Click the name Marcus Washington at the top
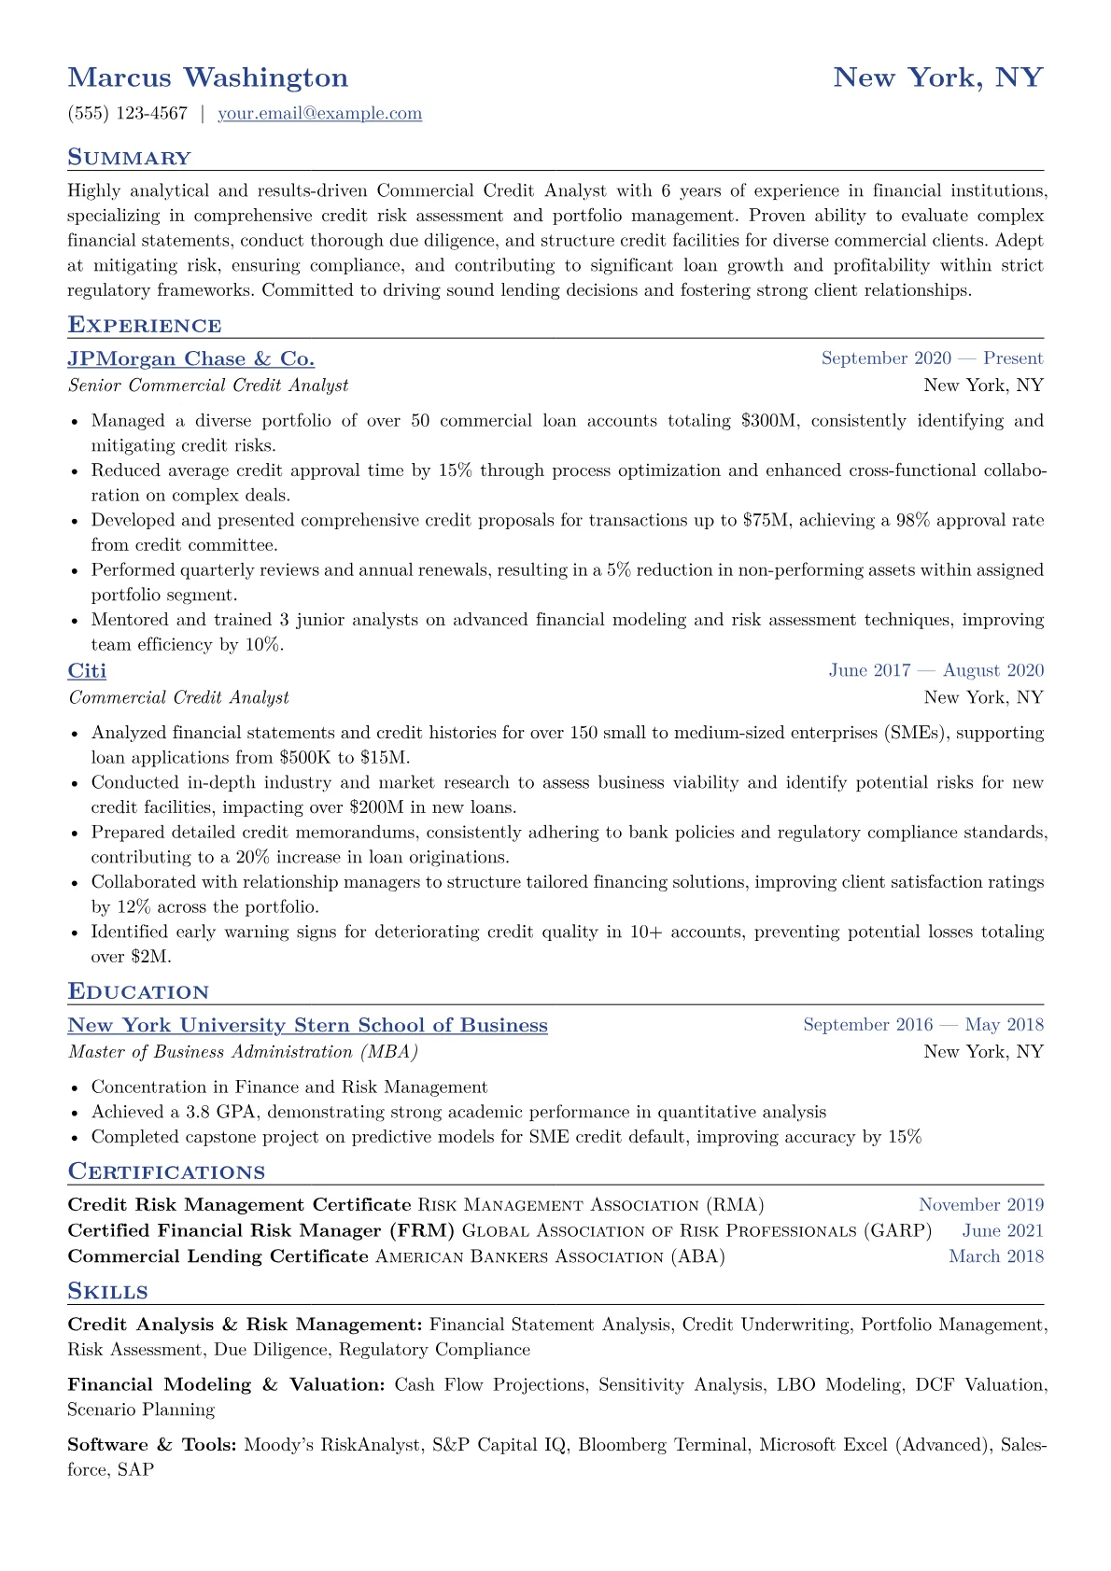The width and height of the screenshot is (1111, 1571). click(207, 77)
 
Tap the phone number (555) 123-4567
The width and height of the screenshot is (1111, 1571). click(128, 114)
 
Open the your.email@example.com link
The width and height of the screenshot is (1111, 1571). click(319, 114)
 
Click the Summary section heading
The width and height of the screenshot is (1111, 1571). click(129, 158)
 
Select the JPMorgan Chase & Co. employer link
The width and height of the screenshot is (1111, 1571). click(190, 359)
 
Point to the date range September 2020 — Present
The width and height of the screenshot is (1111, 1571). click(932, 358)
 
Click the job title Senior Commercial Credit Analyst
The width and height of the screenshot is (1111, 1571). click(208, 386)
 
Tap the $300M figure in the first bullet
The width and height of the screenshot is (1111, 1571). click(770, 421)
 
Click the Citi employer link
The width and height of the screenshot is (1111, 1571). click(87, 671)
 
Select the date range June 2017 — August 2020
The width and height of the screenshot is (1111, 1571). click(935, 670)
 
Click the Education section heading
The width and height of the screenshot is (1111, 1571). click(138, 992)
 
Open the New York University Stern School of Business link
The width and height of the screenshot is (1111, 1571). click(307, 1026)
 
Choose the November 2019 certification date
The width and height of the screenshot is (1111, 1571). click(980, 1205)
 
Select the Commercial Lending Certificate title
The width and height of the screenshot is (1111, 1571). click(218, 1256)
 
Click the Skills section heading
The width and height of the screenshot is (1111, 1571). click(107, 1292)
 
